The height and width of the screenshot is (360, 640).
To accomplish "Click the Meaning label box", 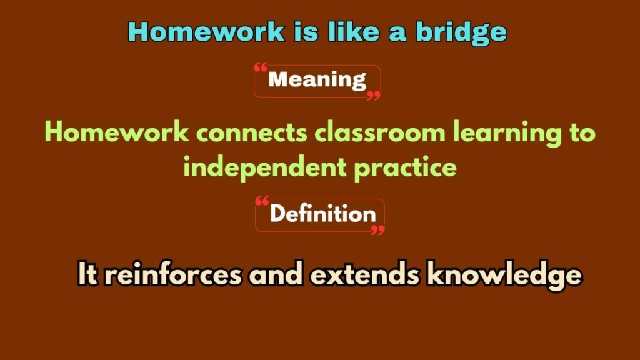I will point(317,81).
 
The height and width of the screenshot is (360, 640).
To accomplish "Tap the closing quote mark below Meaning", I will point(374,96).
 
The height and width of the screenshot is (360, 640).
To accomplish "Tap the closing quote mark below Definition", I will point(377,230).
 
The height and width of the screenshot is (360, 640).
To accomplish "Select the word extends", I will point(366,275).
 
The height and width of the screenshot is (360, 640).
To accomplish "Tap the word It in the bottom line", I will point(87,275).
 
